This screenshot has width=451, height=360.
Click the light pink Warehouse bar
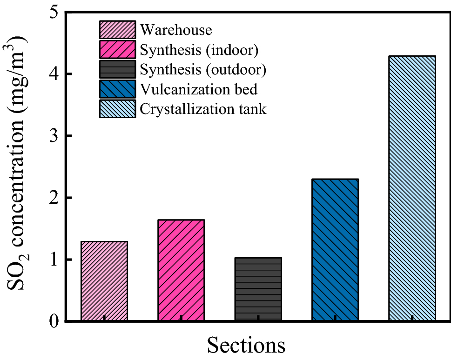[x=104, y=281]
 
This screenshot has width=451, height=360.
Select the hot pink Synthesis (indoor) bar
[x=181, y=270]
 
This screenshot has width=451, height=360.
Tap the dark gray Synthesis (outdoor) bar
[x=258, y=289]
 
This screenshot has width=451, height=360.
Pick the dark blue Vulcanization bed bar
[x=335, y=250]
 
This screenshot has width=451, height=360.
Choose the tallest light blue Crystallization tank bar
[x=412, y=188]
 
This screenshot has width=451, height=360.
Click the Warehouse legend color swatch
[x=117, y=30]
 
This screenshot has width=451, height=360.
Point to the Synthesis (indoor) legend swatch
[x=117, y=50]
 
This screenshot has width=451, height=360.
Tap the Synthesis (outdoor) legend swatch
[x=117, y=69]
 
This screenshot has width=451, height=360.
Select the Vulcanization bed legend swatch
[x=117, y=89]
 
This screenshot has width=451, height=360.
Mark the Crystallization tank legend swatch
[x=117, y=109]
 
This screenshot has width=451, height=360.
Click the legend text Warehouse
[x=176, y=30]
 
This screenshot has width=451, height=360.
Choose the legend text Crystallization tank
[x=203, y=109]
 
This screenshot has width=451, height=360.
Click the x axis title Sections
[x=246, y=346]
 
